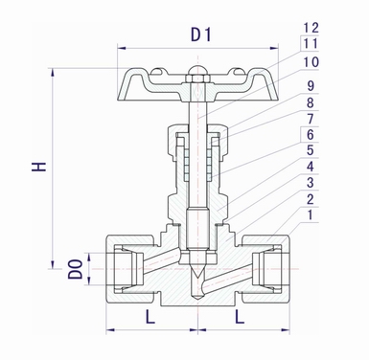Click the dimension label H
(x=39, y=166)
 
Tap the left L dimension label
(x=150, y=315)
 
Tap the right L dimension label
(x=242, y=315)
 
